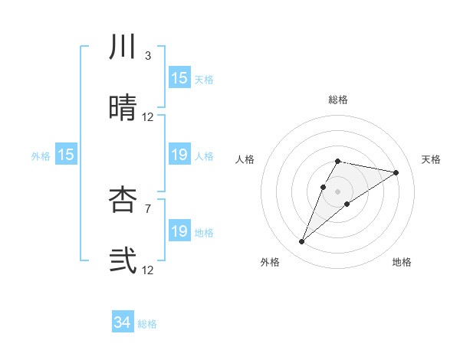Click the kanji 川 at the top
point(123,47)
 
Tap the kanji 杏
point(123,200)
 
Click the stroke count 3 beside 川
point(147,56)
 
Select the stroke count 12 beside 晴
point(148,117)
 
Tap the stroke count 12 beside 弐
point(148,270)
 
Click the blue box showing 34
point(123,323)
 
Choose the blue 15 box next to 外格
point(66,155)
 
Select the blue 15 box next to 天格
point(179,78)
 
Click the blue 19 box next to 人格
point(179,155)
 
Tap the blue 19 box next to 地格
point(179,231)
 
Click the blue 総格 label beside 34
point(147,324)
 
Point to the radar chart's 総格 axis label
point(337,100)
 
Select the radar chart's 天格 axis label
point(432,159)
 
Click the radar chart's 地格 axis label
point(402,262)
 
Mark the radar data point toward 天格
point(396,172)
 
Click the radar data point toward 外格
point(302,242)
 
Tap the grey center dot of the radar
point(337,191)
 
